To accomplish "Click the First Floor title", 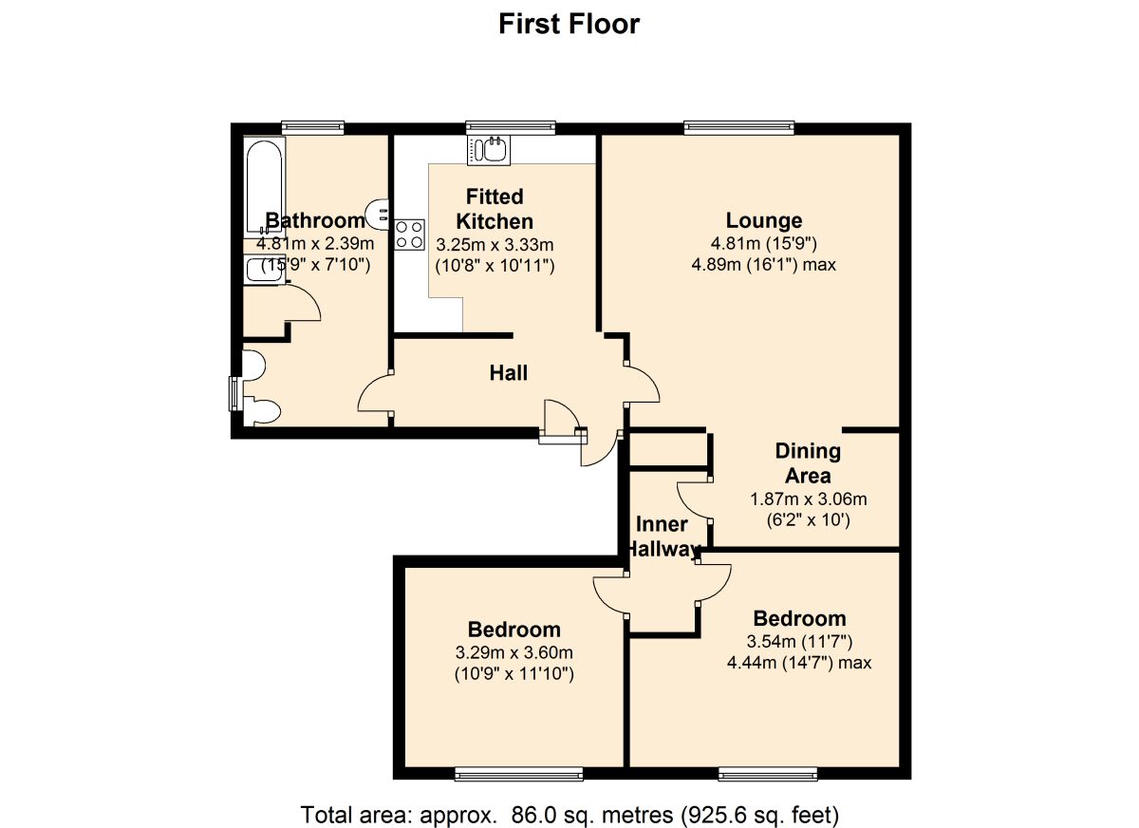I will (569, 24).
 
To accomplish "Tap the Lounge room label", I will (764, 221).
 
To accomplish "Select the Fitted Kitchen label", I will (495, 209).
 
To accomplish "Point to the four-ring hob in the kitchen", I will (409, 235).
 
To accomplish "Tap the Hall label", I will (509, 373).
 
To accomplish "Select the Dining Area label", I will (808, 463).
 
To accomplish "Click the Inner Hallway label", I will (663, 536).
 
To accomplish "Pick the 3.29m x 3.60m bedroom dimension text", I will (513, 653).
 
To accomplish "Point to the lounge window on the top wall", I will (738, 128).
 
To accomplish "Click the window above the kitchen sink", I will (510, 128).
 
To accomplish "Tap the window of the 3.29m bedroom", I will (518, 775).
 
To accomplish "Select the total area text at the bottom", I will (569, 814).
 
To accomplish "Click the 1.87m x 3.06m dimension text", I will (808, 499).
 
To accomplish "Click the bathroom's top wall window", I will (312, 128).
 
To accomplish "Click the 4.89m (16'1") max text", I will (764, 265).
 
